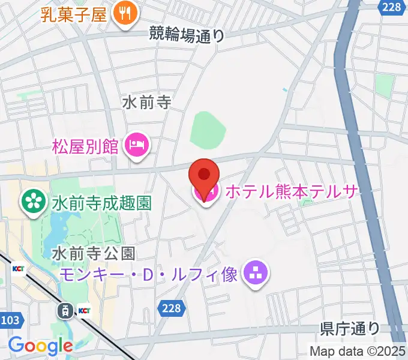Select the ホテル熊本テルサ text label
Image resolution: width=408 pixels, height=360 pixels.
click(291, 191)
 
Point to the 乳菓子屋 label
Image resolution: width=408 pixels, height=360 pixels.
click(74, 13)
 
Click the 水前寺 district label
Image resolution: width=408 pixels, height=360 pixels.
click(146, 103)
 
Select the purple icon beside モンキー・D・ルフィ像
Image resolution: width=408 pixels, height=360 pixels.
click(257, 274)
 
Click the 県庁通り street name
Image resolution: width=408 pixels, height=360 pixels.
click(350, 328)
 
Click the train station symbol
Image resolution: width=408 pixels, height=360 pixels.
click(64, 310)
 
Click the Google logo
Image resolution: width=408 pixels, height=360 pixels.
click(40, 346)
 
